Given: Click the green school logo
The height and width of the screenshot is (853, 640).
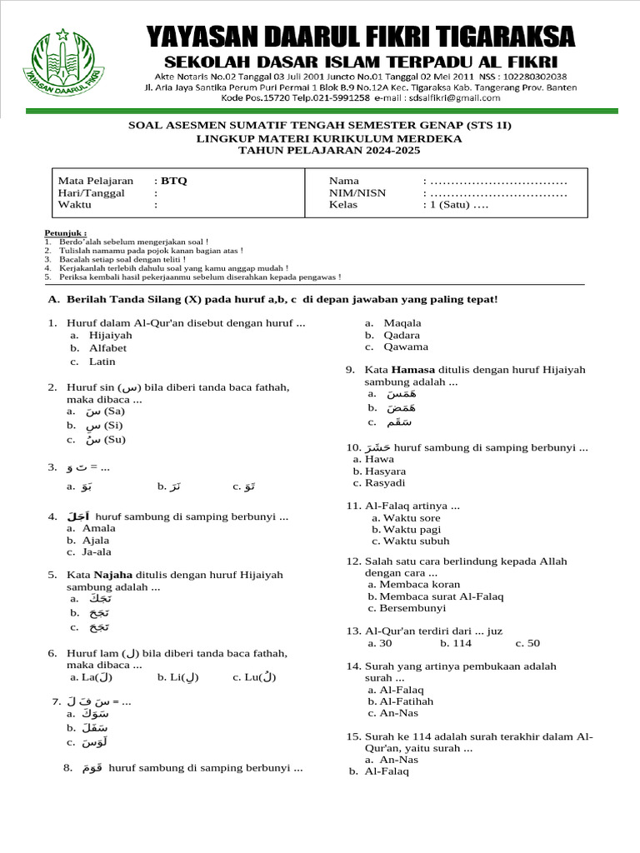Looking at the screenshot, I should [x=63, y=64].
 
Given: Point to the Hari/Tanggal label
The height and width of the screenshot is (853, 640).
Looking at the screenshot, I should [x=91, y=193].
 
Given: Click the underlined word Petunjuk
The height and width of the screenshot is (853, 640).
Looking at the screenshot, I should [x=64, y=232].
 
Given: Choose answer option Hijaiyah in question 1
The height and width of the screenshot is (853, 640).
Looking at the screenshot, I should [x=111, y=335].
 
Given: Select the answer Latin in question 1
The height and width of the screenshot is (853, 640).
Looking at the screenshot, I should [x=102, y=362].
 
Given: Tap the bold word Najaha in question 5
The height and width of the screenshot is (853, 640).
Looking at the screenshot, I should [x=113, y=575].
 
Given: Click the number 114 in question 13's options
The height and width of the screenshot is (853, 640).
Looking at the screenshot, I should [x=462, y=643].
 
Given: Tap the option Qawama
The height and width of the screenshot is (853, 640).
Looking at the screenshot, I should [x=406, y=347].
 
